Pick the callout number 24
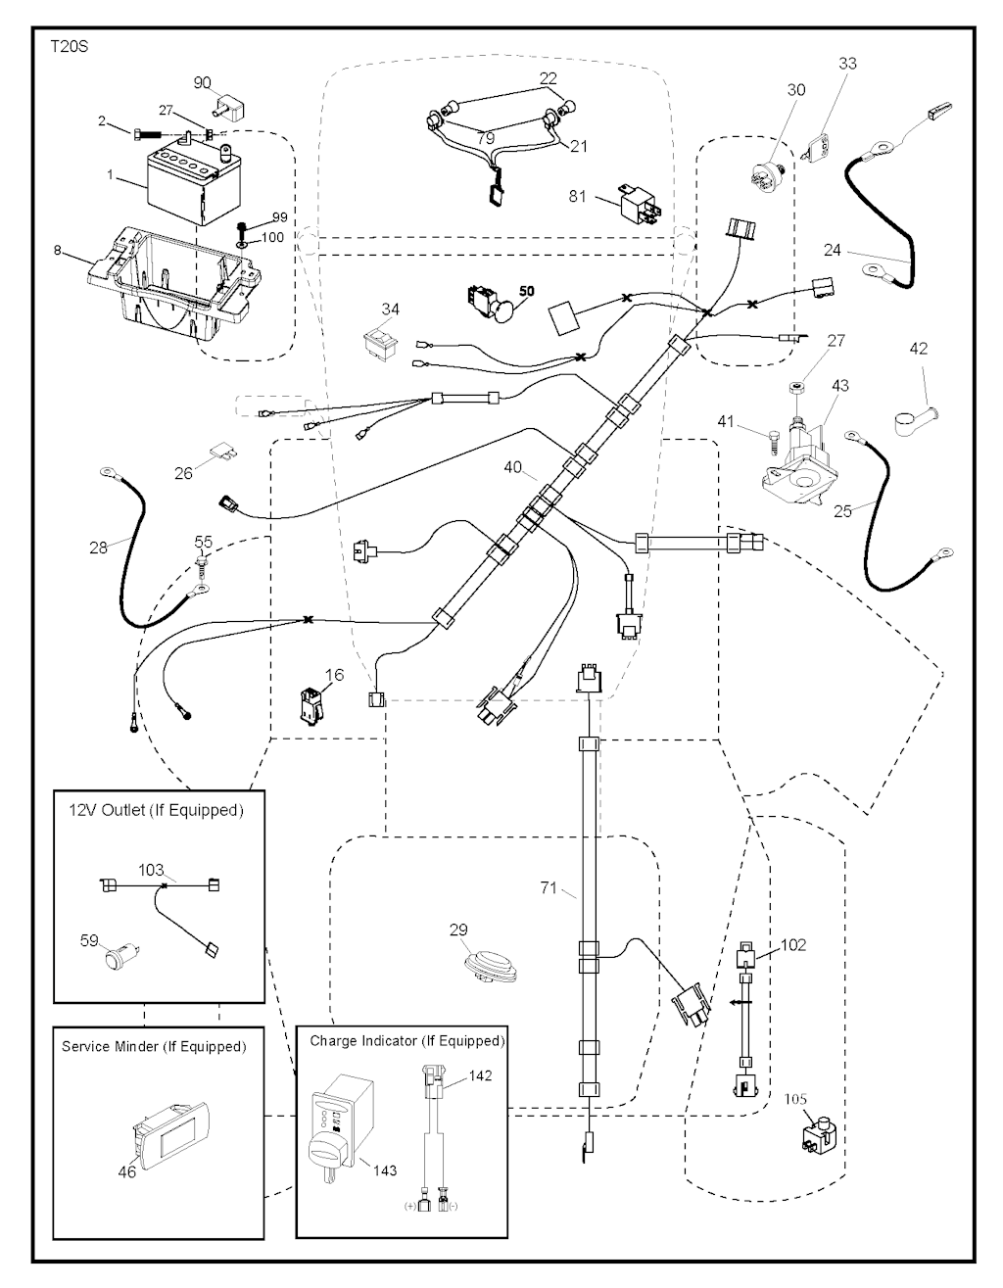tap(832, 251)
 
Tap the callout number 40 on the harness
tap(513, 468)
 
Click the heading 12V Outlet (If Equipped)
tap(156, 811)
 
